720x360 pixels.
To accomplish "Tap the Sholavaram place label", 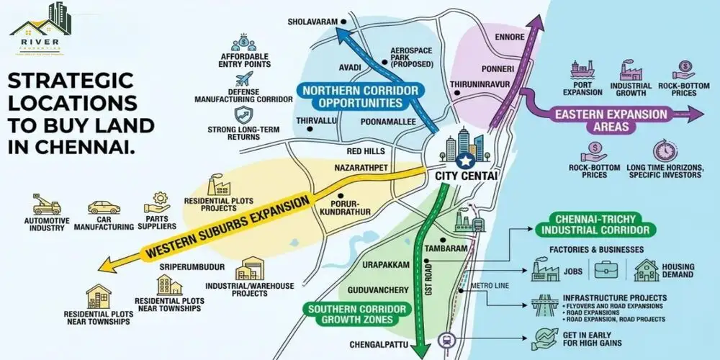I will pos(312,22).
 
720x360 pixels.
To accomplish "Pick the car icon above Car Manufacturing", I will pos(103,207).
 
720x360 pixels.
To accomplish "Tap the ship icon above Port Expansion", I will pos(582,70).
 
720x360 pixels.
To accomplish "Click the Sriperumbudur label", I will pos(192,266).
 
